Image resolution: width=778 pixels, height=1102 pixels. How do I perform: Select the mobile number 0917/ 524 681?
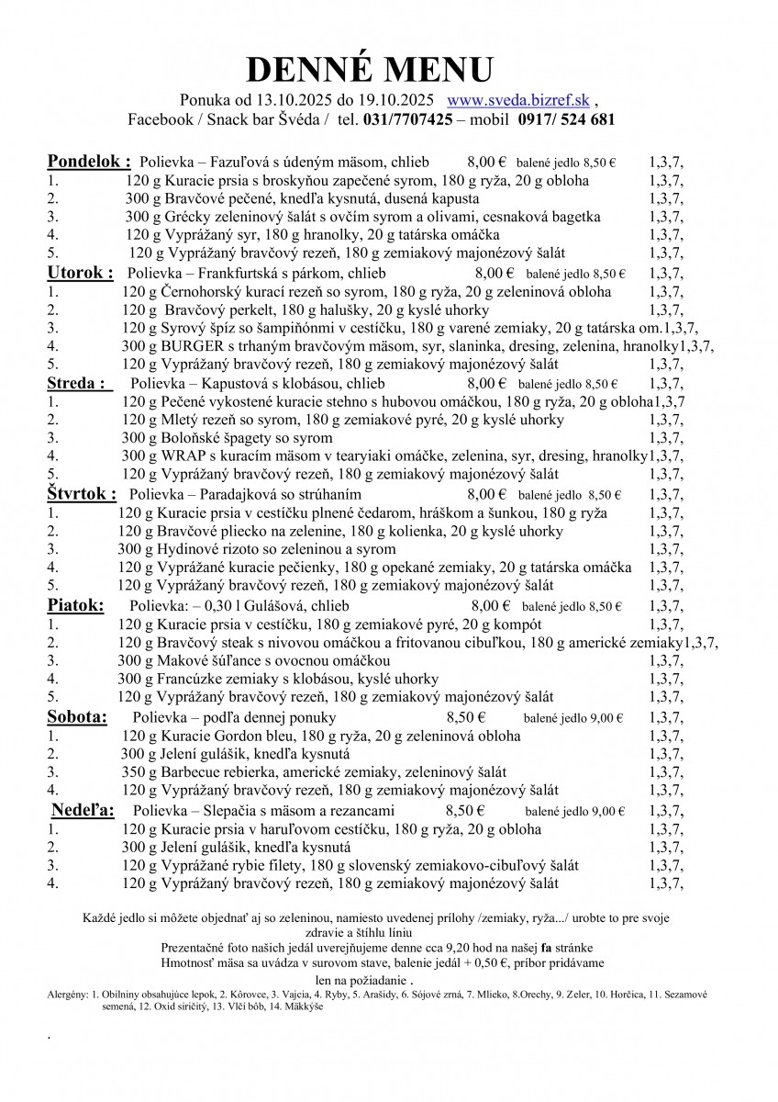pos(566,119)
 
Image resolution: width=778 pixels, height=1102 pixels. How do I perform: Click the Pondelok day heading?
pos(89,162)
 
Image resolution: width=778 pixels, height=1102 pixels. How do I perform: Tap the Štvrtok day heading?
pos(82,493)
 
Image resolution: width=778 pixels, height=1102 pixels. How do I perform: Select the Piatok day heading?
pos(75,604)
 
